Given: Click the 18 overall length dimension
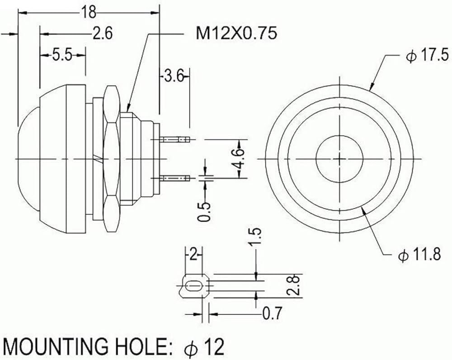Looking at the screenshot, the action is click(x=88, y=13).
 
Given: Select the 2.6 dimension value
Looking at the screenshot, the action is click(x=102, y=33).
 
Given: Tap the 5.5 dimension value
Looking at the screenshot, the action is click(x=62, y=55).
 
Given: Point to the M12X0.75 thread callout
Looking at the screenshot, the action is click(x=236, y=33).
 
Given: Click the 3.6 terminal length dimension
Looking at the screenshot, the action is click(x=174, y=76).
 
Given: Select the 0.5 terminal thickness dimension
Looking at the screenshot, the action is click(x=204, y=212).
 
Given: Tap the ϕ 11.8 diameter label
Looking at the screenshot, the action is click(x=420, y=255).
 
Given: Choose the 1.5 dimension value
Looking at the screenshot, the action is click(x=255, y=237).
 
